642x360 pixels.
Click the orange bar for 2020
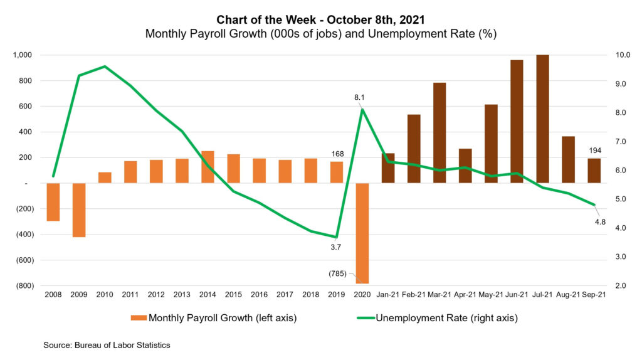click(362, 233)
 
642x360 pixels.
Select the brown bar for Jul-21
click(542, 119)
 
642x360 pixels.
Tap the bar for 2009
click(79, 210)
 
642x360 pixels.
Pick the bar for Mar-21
click(439, 132)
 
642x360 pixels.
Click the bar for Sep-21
click(594, 171)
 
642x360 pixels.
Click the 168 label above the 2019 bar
click(337, 154)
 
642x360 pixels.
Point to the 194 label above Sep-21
click(594, 151)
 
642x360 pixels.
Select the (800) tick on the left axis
click(24, 286)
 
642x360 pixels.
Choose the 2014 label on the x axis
click(208, 294)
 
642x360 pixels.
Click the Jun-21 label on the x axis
click(517, 294)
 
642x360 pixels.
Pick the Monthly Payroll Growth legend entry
click(214, 318)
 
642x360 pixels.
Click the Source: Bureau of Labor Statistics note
click(107, 345)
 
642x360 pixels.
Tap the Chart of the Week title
click(320, 20)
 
